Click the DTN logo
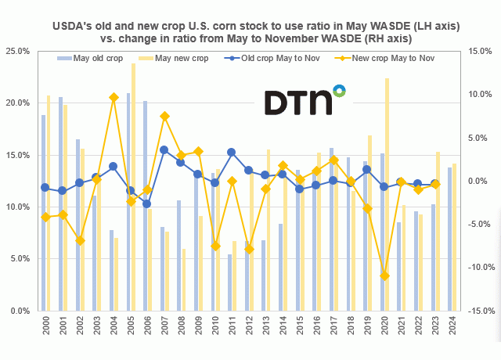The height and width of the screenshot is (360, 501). (304, 101)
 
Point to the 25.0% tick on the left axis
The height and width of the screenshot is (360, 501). (18, 51)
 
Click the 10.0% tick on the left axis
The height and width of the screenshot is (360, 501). (18, 207)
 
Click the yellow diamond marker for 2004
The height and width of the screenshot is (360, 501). (114, 97)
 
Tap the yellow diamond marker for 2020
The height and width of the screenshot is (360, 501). (384, 275)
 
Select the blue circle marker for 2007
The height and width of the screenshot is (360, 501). (164, 150)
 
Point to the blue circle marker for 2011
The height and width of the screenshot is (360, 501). (232, 153)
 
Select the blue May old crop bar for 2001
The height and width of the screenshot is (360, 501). (61, 203)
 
